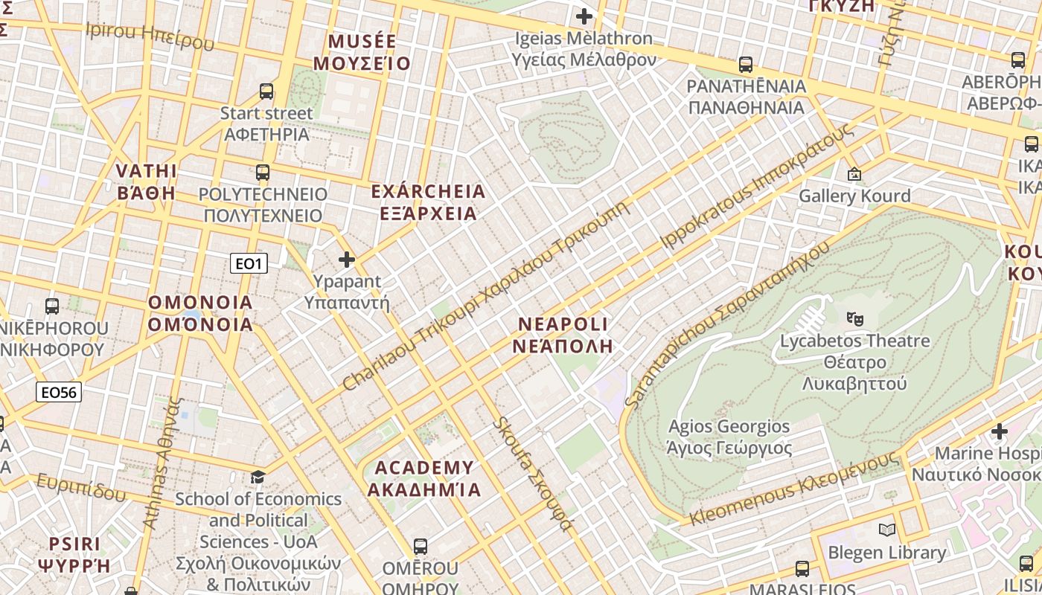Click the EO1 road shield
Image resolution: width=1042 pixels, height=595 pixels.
pos(248,263)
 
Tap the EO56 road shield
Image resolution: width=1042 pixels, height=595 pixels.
pos(59,392)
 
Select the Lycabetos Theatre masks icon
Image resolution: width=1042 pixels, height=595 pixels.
pos(855,318)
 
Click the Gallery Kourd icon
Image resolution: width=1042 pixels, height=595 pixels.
pos(854,174)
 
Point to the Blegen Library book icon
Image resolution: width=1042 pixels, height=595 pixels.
pos(886,530)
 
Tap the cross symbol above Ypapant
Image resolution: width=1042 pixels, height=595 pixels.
pos(347,260)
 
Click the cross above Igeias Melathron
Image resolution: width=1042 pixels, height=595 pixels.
pos(584,16)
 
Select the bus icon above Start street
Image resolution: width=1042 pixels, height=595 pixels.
pos(266,91)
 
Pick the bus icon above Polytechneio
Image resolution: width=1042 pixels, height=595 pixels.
pos(263,173)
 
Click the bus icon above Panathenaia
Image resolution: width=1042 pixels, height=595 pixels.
pos(746,65)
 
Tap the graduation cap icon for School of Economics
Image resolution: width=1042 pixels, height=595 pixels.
pos(258,477)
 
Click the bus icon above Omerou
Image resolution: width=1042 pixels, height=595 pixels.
pos(421,547)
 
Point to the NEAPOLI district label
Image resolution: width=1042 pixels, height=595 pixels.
pos(563,335)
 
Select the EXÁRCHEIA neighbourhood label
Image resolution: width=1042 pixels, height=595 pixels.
pos(428,202)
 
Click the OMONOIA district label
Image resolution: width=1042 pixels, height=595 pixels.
pos(200,313)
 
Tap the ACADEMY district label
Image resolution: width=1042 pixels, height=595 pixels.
pos(424,478)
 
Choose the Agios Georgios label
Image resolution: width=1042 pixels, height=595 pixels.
pos(729,437)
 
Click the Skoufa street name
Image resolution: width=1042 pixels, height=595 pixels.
pos(533,475)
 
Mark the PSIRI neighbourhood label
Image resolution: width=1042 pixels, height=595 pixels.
pos(74,554)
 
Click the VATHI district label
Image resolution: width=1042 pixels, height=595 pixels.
pos(147,181)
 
